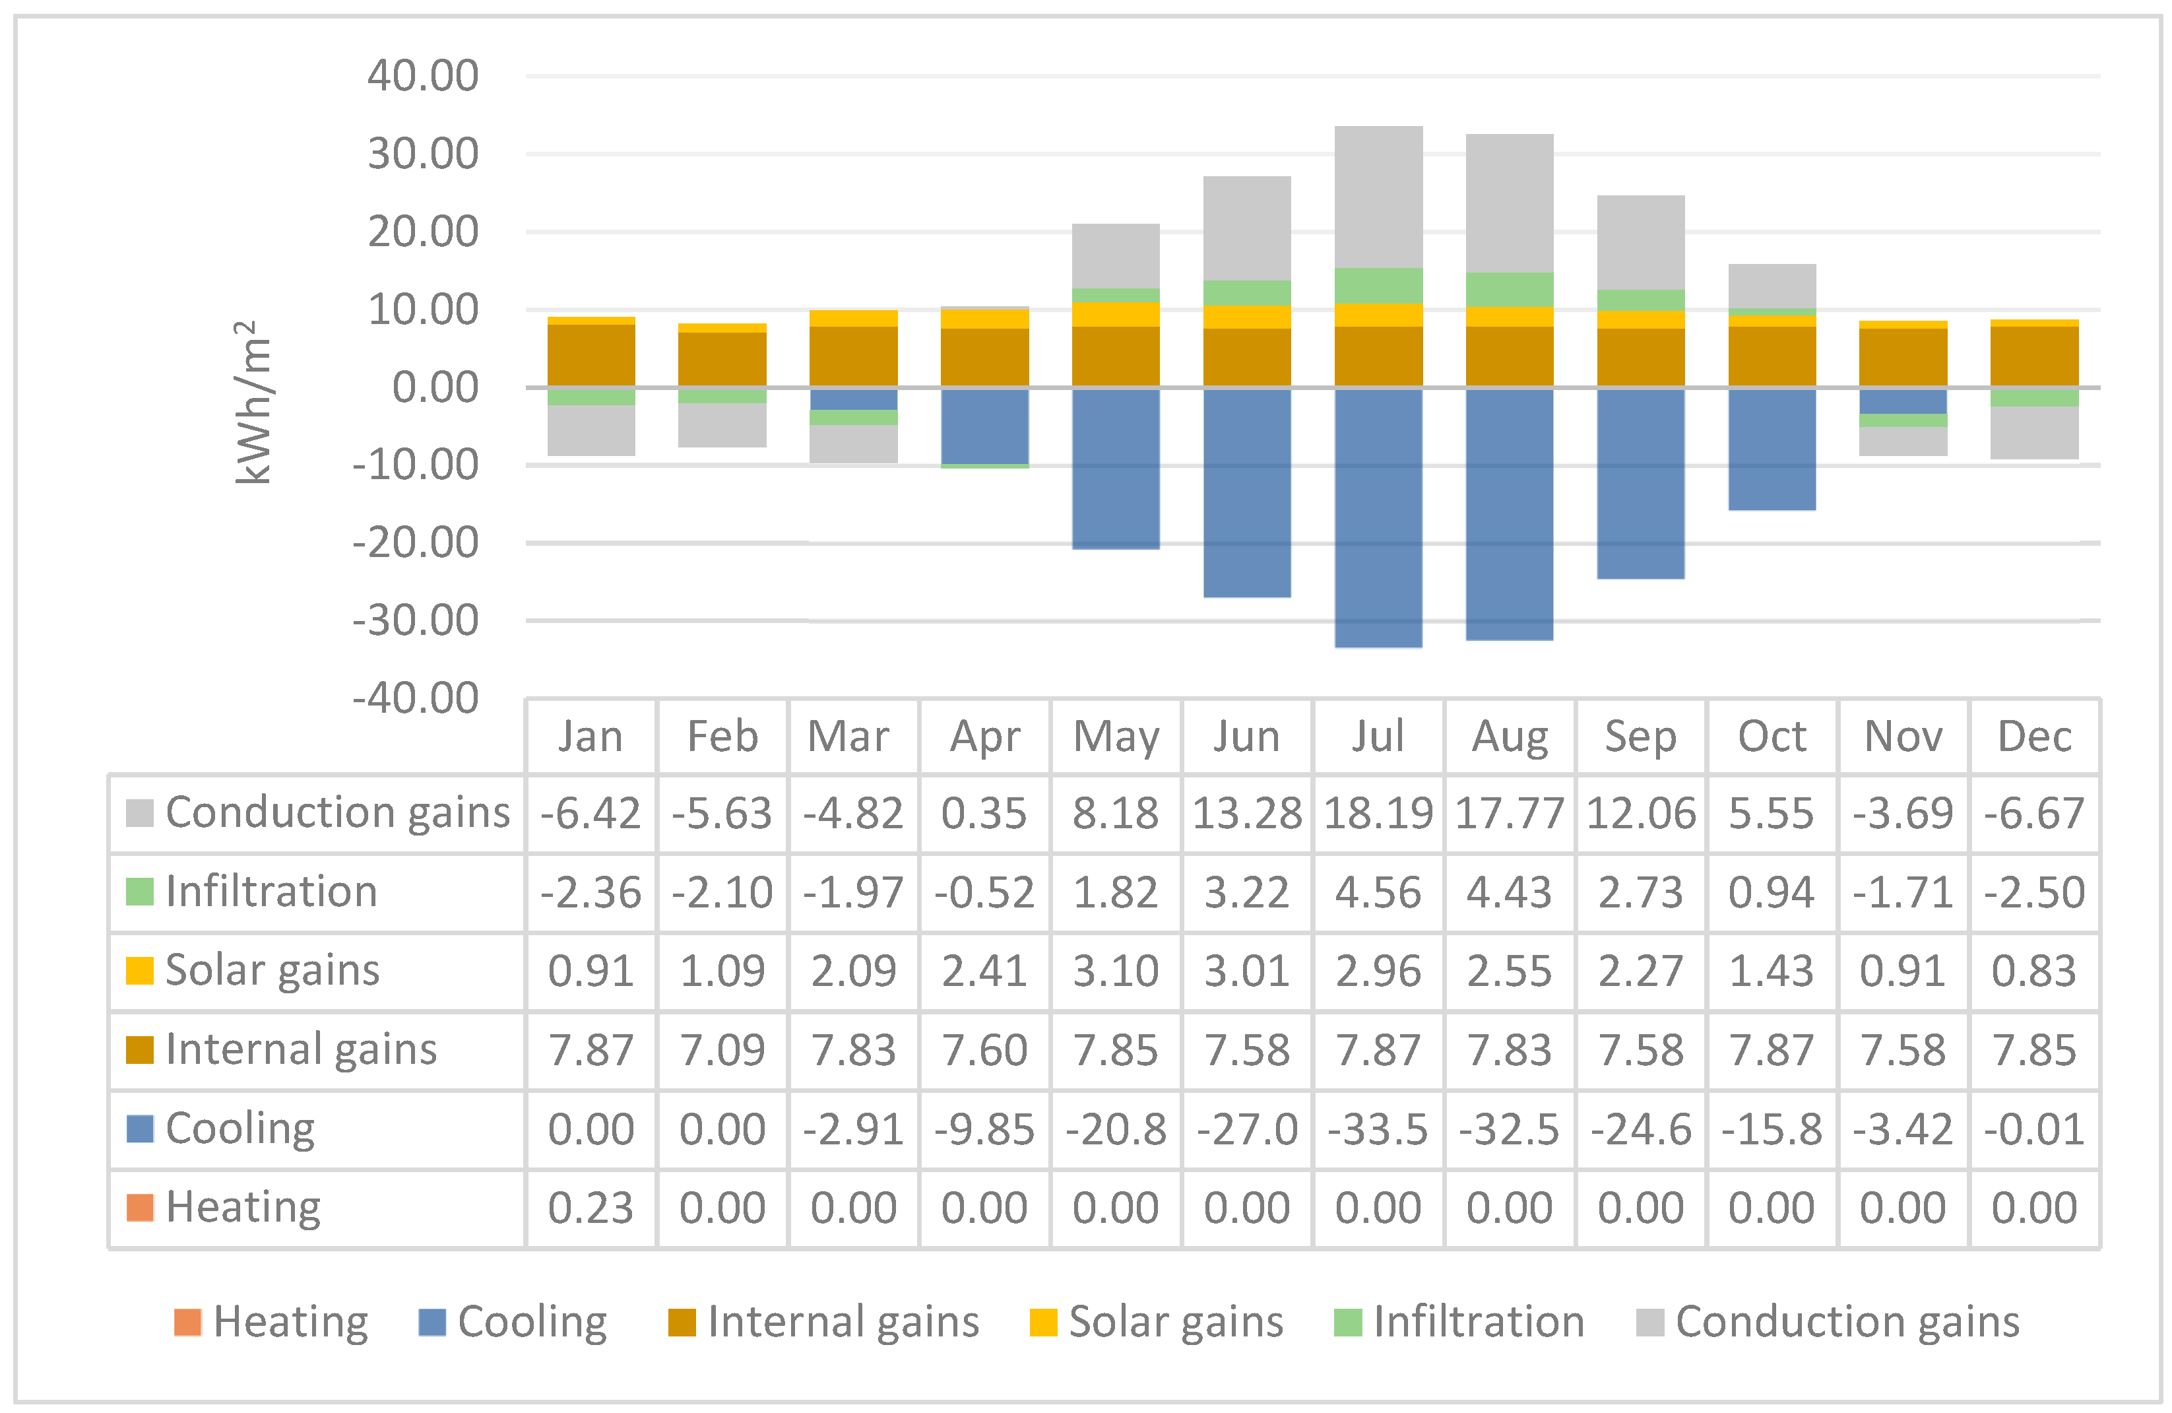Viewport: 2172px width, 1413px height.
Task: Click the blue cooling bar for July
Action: coord(1378,517)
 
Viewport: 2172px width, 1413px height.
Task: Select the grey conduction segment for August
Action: coord(1510,203)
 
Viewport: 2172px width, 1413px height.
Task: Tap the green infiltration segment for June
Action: coord(1246,293)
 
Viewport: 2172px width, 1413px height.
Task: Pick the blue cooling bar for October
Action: coord(1772,449)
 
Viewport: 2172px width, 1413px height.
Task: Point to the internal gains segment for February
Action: coord(722,359)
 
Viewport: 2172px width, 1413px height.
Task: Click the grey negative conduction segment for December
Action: coord(2034,433)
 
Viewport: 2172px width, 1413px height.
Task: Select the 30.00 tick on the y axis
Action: coord(422,153)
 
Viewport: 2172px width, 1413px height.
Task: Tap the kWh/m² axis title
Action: coord(254,403)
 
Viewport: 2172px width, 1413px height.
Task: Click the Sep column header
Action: coord(1640,737)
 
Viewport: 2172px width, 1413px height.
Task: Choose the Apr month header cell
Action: coord(984,737)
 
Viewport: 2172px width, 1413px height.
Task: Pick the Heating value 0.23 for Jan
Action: coord(591,1208)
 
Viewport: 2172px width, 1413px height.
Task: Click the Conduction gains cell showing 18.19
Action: coord(1378,813)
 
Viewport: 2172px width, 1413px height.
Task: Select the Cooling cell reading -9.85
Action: coord(984,1129)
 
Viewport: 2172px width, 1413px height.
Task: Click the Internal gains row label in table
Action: coord(301,1050)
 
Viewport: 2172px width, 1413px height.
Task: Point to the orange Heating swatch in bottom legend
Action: coord(188,1322)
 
